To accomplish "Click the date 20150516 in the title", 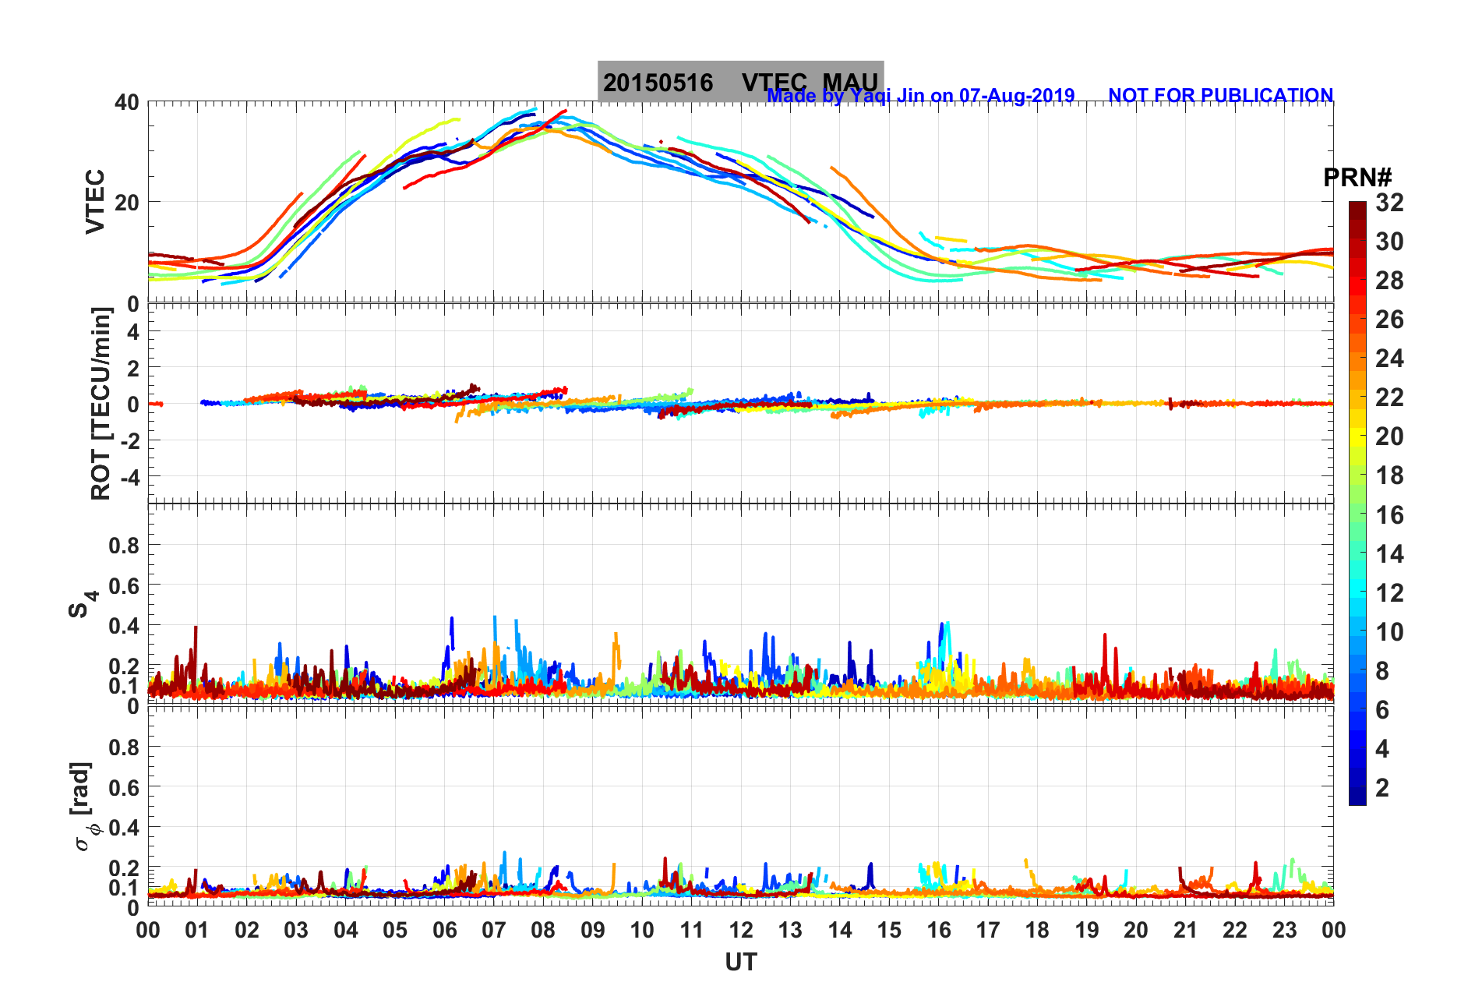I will (658, 83).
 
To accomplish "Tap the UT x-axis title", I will (740, 963).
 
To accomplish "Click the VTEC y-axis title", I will (95, 201).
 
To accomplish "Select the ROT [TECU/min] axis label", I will (101, 403).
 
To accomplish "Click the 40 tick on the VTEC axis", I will (127, 102).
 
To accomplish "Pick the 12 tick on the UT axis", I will (741, 930).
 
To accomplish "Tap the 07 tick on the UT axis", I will (494, 930).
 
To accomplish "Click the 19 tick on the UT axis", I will (1086, 930).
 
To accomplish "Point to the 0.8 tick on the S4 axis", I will (124, 546).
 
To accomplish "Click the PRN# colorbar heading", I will (1357, 178).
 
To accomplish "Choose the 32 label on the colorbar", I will (1389, 203).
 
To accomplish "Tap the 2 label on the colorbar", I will (1382, 787).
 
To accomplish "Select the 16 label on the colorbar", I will (1389, 514).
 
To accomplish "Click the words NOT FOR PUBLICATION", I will (1220, 95).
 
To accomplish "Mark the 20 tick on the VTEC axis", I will (127, 203).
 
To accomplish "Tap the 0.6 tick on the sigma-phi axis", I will (124, 787).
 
